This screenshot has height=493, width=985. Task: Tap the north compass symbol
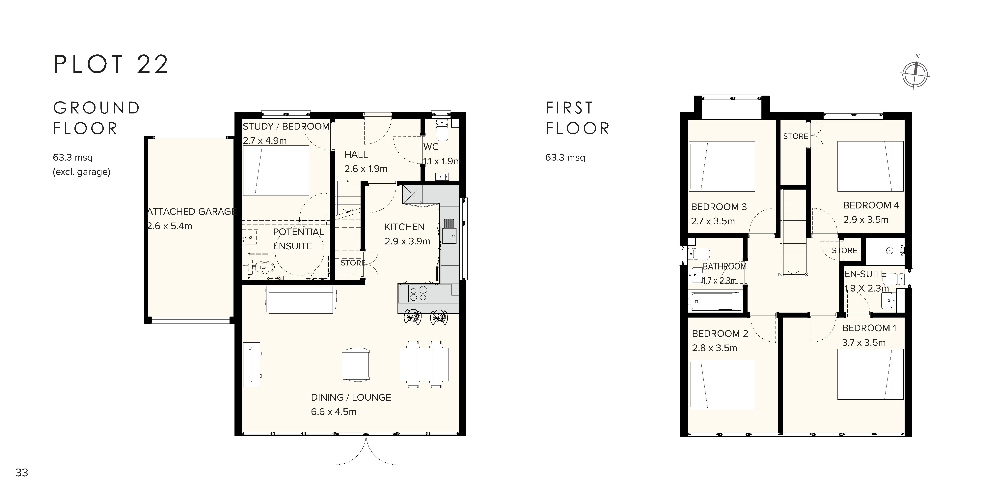coord(915,74)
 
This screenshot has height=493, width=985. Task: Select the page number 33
coord(22,473)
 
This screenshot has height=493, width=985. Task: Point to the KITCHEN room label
coord(405,227)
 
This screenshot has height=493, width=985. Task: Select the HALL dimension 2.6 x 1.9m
coord(366,169)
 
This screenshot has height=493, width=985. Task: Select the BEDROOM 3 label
coord(719,207)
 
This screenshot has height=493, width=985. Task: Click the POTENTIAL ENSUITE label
coord(298,239)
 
